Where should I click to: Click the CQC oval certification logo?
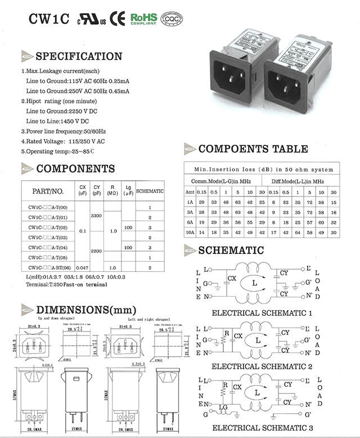[172, 19]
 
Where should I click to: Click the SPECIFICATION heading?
[78, 56]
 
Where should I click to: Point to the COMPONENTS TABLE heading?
[253, 149]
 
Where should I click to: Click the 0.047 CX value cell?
[83, 267]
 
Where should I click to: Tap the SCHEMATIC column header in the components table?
[150, 191]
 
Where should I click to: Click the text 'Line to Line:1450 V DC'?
[57, 121]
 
